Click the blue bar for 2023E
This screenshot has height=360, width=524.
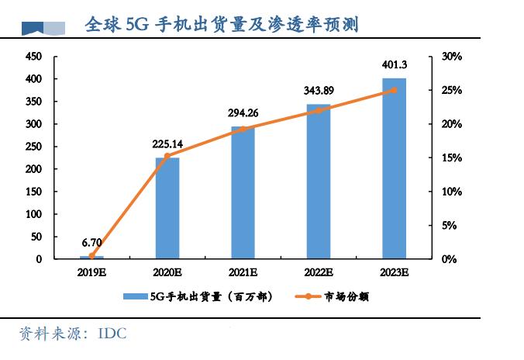394,168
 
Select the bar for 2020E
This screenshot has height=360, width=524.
167,208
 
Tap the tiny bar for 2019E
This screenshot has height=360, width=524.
91,257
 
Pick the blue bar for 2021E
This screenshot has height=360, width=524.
243,192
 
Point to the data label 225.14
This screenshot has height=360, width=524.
167,144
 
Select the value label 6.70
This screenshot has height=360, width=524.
91,242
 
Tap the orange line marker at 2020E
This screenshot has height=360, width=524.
167,156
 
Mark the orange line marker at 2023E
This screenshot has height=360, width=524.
394,90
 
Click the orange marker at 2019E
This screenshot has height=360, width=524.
91,255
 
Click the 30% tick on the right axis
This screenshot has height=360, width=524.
450,57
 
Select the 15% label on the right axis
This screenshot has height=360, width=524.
450,158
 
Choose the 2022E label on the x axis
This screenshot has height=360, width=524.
318,272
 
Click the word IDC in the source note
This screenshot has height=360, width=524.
112,334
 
